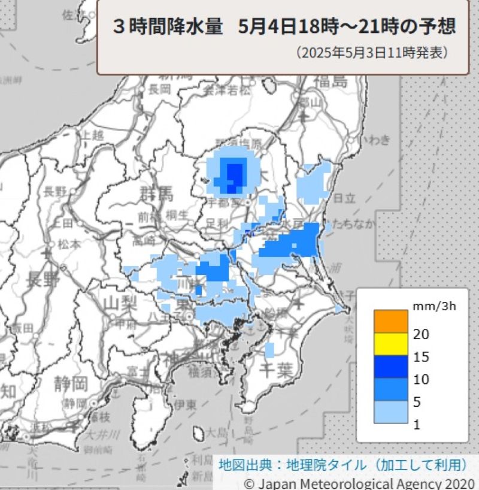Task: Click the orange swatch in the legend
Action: (x=386, y=320)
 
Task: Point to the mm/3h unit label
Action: (x=434, y=306)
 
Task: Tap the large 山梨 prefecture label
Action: (x=120, y=303)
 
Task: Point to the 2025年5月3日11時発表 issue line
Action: (x=371, y=53)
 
